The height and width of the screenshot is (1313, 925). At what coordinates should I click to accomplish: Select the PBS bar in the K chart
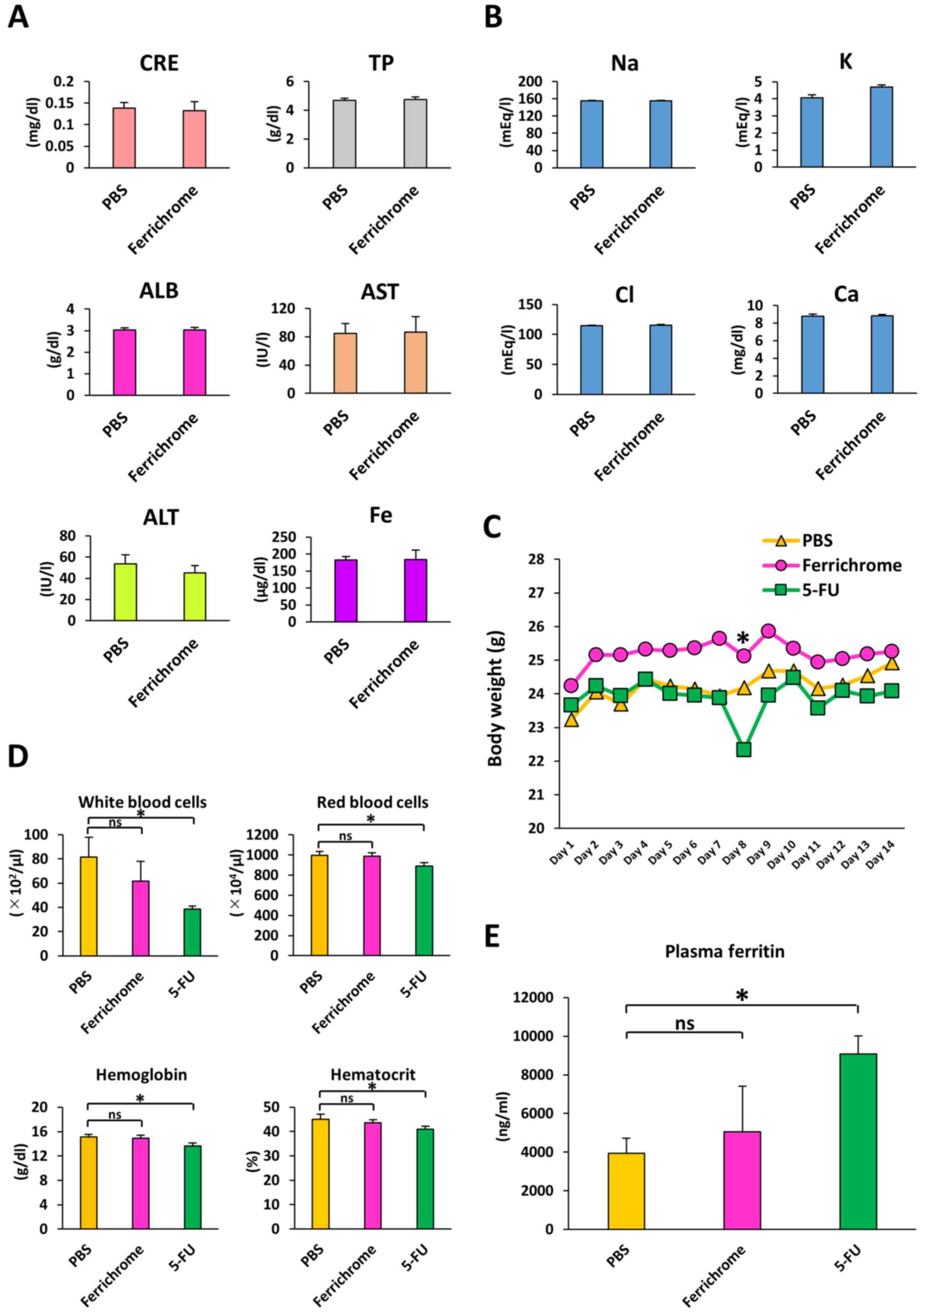pos(812,132)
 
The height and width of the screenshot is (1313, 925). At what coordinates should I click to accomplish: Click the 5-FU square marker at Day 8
pos(743,749)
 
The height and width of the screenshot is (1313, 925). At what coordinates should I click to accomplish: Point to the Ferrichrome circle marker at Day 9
pos(768,631)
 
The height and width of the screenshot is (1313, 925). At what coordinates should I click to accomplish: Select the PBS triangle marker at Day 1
pos(572,720)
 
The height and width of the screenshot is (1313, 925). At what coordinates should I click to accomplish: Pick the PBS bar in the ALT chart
pos(125,592)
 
